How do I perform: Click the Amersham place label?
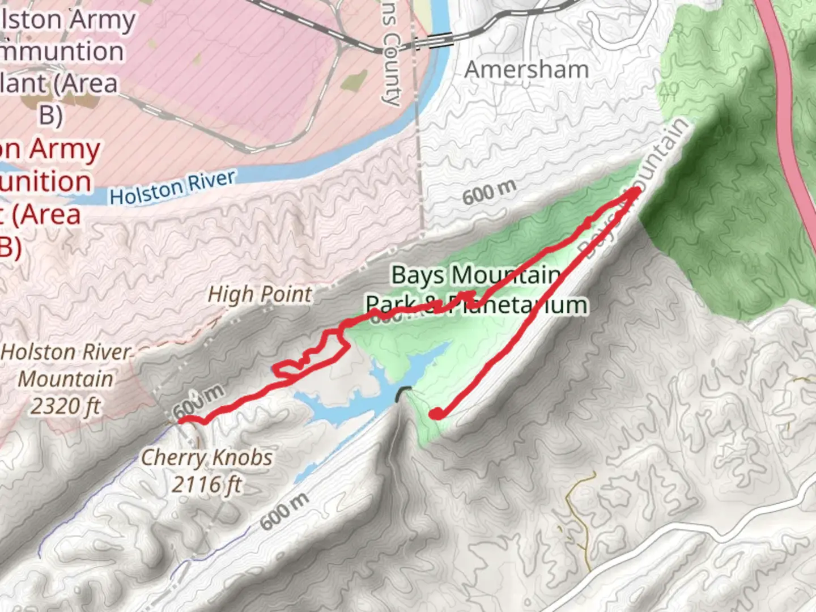click(x=526, y=70)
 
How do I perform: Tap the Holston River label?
click(x=172, y=188)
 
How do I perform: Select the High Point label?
click(x=260, y=294)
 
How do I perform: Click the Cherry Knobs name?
click(x=206, y=457)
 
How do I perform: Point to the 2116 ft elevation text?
click(x=207, y=484)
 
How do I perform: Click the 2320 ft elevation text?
click(x=65, y=406)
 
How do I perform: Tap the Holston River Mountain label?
click(x=66, y=365)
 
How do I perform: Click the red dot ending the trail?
click(x=436, y=414)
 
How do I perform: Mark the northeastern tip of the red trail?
click(x=636, y=191)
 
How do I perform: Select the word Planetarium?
click(x=517, y=305)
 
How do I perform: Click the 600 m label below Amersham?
click(x=489, y=192)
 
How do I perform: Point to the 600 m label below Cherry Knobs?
click(x=285, y=511)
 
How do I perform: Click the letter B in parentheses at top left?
click(x=50, y=114)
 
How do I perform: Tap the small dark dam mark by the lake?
click(x=404, y=392)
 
